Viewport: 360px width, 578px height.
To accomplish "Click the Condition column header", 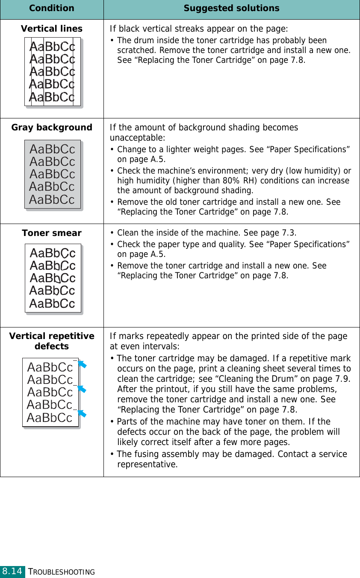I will point(51,9).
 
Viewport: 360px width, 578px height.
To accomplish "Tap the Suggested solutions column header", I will point(231,9).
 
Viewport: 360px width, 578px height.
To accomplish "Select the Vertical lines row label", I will point(52,29).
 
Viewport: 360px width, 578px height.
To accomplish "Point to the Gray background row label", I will point(52,127).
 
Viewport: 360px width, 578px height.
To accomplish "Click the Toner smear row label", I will point(52,233).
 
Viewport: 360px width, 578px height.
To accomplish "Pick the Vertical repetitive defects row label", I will point(52,341).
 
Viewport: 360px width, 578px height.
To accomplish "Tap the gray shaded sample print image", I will point(53,174).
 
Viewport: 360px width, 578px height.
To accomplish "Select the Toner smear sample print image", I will point(53,278).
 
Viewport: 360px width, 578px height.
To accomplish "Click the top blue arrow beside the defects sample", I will point(82,365).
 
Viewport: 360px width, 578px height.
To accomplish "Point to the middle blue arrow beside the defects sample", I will point(82,389).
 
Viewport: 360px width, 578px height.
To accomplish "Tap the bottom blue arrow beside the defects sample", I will point(82,413).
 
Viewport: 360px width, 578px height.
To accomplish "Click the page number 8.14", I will point(12,571).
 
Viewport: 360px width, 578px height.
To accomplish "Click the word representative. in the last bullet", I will point(148,464).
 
